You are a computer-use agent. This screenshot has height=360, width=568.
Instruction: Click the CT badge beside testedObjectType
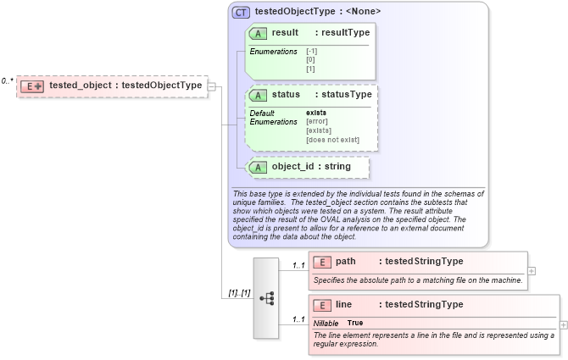tap(242, 13)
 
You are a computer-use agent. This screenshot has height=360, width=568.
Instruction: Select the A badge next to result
tap(258, 33)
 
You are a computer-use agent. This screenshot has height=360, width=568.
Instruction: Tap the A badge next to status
tap(258, 94)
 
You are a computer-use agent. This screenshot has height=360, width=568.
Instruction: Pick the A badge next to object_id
tap(258, 167)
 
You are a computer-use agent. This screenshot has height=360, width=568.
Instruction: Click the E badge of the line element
tap(322, 305)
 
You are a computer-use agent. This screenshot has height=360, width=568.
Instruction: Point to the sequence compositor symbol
tap(266, 298)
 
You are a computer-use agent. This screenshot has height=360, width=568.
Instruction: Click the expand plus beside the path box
tap(532, 271)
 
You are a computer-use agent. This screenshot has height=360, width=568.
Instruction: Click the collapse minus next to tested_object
tap(212, 86)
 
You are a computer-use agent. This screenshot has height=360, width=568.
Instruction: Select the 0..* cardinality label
tap(7, 81)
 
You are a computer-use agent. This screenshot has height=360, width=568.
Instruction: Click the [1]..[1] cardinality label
tap(237, 293)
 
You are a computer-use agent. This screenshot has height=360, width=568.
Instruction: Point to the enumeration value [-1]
tap(312, 52)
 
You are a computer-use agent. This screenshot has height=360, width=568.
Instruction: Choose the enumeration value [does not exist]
tap(332, 140)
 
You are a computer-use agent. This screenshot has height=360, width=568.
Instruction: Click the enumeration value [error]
tap(318, 121)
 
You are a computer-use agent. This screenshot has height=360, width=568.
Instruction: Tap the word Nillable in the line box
tap(326, 323)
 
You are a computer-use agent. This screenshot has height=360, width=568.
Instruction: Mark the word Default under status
tap(262, 113)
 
